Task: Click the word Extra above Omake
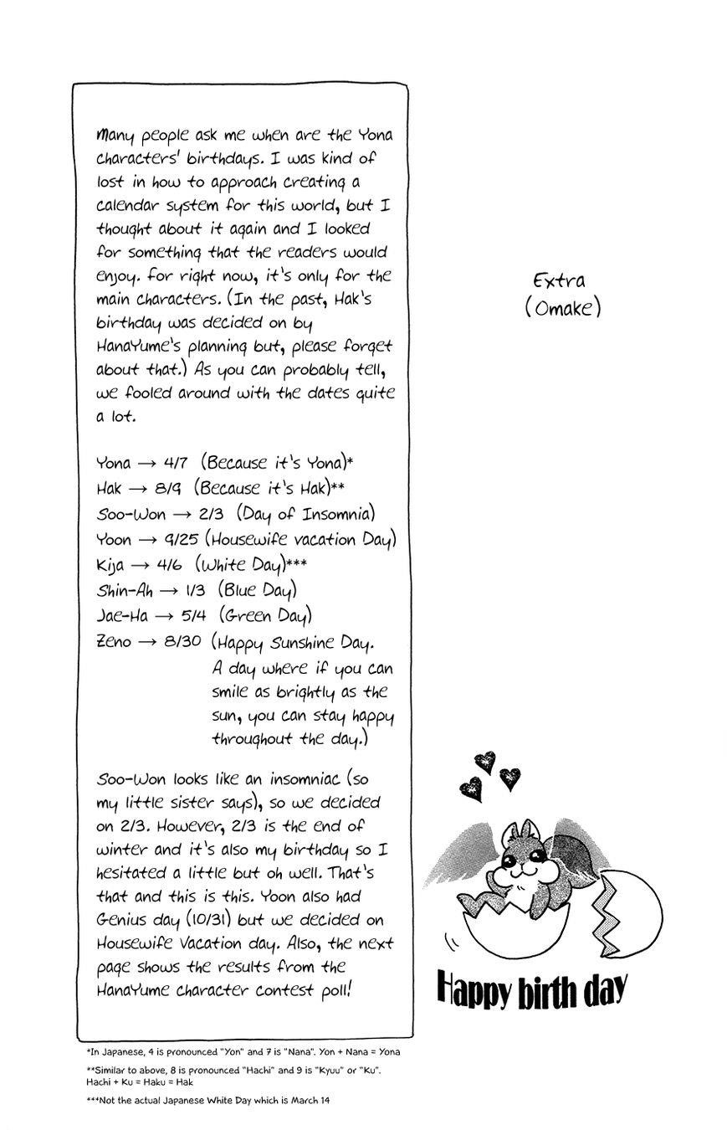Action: [559, 280]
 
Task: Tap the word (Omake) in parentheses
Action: [563, 308]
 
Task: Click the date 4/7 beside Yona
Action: [177, 462]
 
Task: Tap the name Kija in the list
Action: [110, 565]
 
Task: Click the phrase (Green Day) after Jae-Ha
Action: [265, 616]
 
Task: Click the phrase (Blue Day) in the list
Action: [257, 590]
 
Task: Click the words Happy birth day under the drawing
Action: [532, 990]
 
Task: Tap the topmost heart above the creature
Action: [484, 761]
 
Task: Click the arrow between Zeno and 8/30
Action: [149, 643]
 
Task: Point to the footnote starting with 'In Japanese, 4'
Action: [243, 1052]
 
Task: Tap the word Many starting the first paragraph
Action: [115, 135]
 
